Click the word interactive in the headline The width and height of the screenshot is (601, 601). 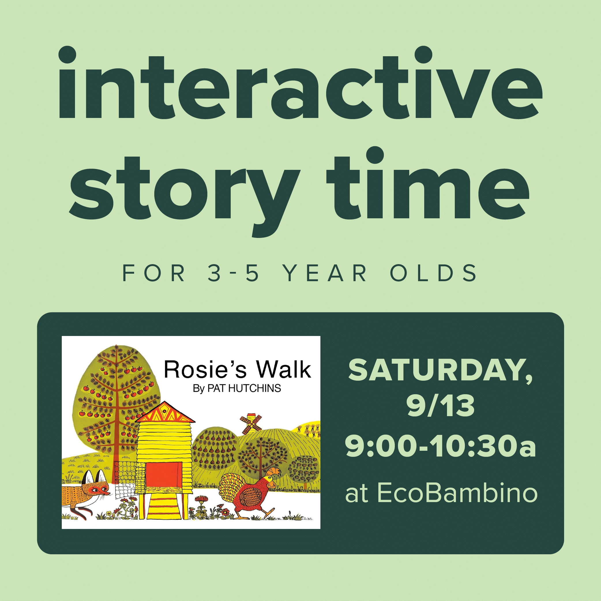coord(300,83)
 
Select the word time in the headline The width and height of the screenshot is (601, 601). coord(428,183)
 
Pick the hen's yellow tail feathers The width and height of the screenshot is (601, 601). coord(230,487)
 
